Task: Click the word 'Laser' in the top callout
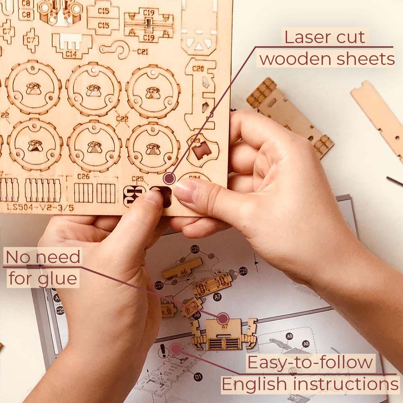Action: click(x=304, y=37)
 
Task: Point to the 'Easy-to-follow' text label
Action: click(x=310, y=363)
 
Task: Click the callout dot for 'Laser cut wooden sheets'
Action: click(x=170, y=178)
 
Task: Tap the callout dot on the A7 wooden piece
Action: click(x=223, y=318)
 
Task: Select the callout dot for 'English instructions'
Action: click(x=176, y=349)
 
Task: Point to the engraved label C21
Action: click(x=142, y=52)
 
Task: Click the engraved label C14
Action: click(x=71, y=52)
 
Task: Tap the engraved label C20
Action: click(x=197, y=69)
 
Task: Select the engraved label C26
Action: click(x=83, y=177)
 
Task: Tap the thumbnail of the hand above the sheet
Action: click(x=185, y=191)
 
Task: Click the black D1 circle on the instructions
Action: click(x=198, y=377)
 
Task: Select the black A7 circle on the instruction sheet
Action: click(x=218, y=296)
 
